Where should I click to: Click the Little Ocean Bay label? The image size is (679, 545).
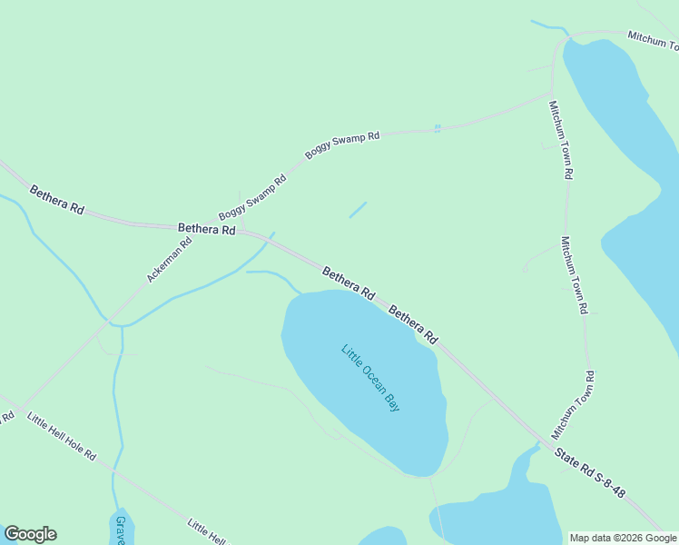[x=370, y=377]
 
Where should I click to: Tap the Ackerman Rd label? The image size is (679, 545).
[x=170, y=259]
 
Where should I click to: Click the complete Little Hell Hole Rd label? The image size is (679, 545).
[x=62, y=435]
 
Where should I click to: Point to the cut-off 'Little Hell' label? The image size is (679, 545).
[x=206, y=530]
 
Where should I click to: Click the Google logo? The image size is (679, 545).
[x=30, y=534]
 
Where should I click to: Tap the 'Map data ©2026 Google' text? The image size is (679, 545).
[x=623, y=538]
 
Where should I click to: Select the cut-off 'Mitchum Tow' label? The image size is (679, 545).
[x=653, y=41]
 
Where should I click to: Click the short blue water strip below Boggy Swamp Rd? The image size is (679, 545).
[x=358, y=210]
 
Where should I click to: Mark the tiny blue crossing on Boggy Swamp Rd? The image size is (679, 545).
[x=438, y=128]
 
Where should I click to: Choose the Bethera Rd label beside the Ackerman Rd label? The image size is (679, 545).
[x=207, y=230]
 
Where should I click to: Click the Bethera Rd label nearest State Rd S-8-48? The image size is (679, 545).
[x=414, y=324]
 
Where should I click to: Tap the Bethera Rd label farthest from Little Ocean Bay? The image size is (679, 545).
[x=56, y=200]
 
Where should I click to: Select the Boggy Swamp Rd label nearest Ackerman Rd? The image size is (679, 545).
[x=252, y=197]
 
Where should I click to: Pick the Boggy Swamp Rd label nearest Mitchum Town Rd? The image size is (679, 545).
[x=342, y=145]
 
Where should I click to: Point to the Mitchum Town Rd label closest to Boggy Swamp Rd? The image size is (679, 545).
[x=561, y=140]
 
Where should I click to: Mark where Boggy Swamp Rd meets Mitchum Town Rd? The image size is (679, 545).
[x=552, y=93]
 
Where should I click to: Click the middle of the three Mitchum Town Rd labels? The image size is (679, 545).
[x=574, y=275]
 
